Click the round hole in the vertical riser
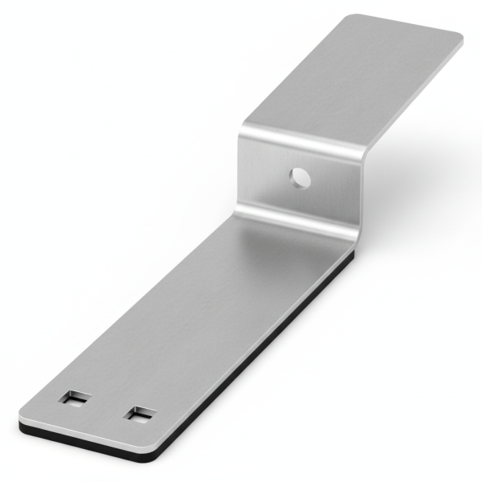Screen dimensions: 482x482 coord(300,177)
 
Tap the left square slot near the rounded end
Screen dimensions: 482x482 coord(76,397)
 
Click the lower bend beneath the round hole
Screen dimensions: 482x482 coord(297,217)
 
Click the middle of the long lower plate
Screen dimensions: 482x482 coord(201,321)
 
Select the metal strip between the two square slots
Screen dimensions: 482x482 coord(108,406)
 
